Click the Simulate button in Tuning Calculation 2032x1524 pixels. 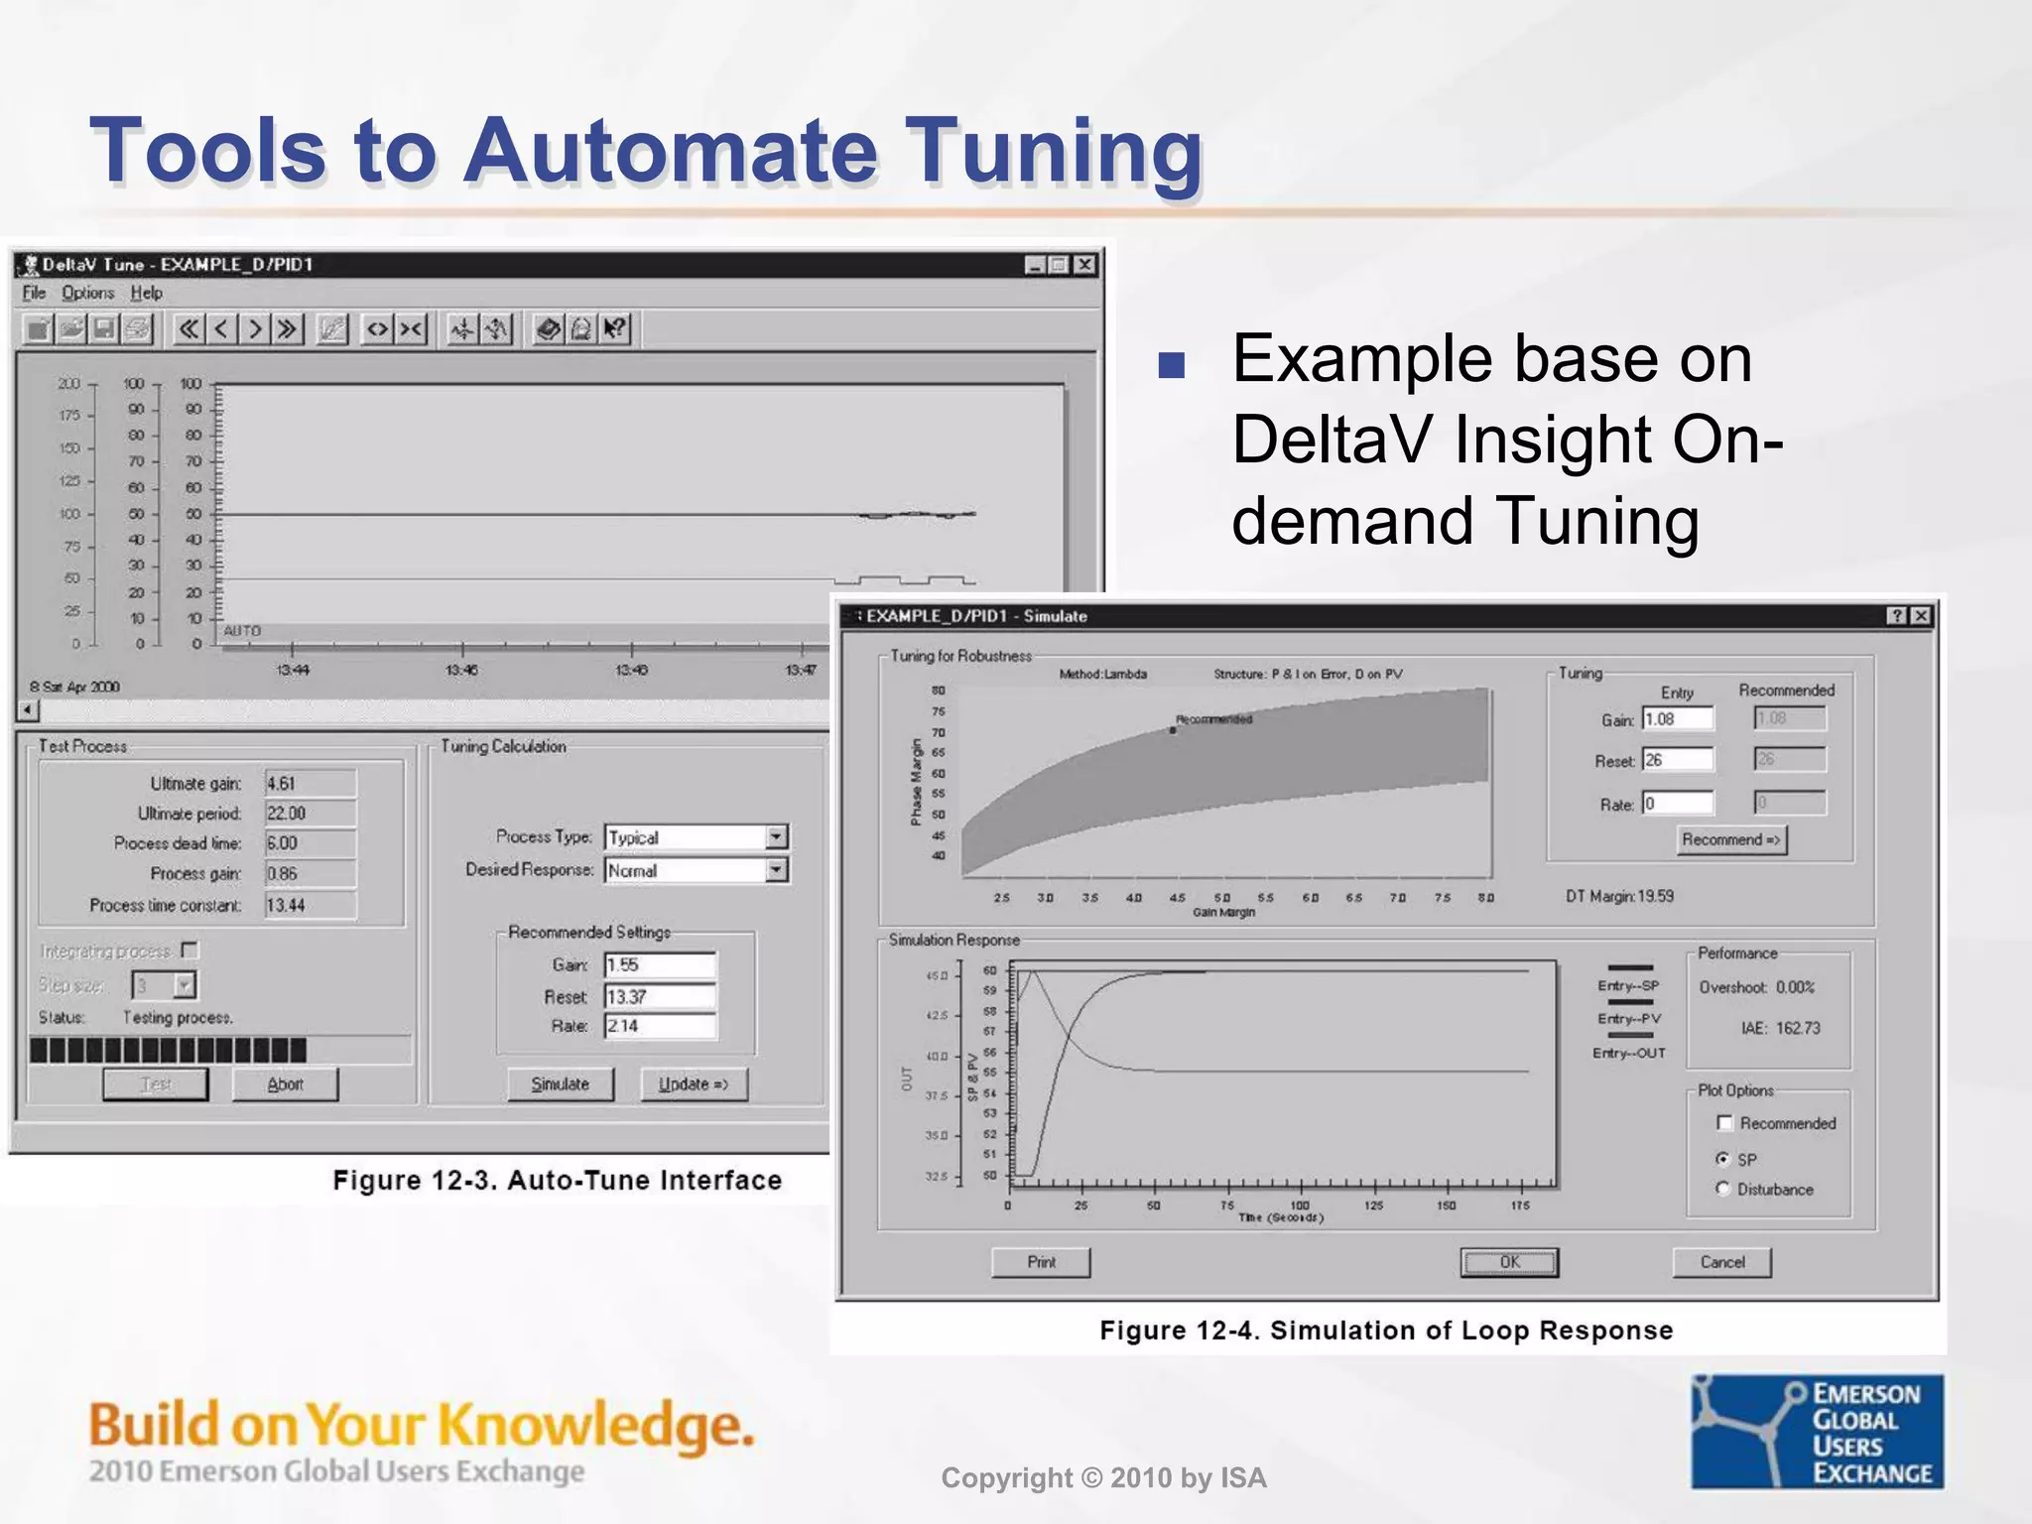tap(561, 1084)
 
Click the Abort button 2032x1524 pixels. tap(285, 1084)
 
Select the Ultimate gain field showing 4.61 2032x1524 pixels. tap(310, 784)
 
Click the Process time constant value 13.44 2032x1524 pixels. tap(310, 905)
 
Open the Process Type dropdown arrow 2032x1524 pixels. tap(777, 837)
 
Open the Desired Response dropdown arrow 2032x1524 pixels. tap(777, 870)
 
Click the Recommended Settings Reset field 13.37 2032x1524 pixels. tap(660, 996)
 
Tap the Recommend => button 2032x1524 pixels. tap(1731, 839)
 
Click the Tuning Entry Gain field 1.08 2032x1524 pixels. tap(1677, 718)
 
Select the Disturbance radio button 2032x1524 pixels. tap(1723, 1189)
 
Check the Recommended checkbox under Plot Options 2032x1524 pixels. tap(1724, 1123)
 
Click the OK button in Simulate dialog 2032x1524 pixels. tap(1509, 1262)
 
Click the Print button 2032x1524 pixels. tap(1041, 1262)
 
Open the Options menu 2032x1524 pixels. tap(87, 293)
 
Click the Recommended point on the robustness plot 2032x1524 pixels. tap(1173, 730)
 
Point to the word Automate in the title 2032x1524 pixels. tap(671, 151)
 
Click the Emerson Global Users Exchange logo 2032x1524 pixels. tap(1818, 1432)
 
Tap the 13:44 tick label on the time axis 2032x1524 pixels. tap(293, 670)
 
